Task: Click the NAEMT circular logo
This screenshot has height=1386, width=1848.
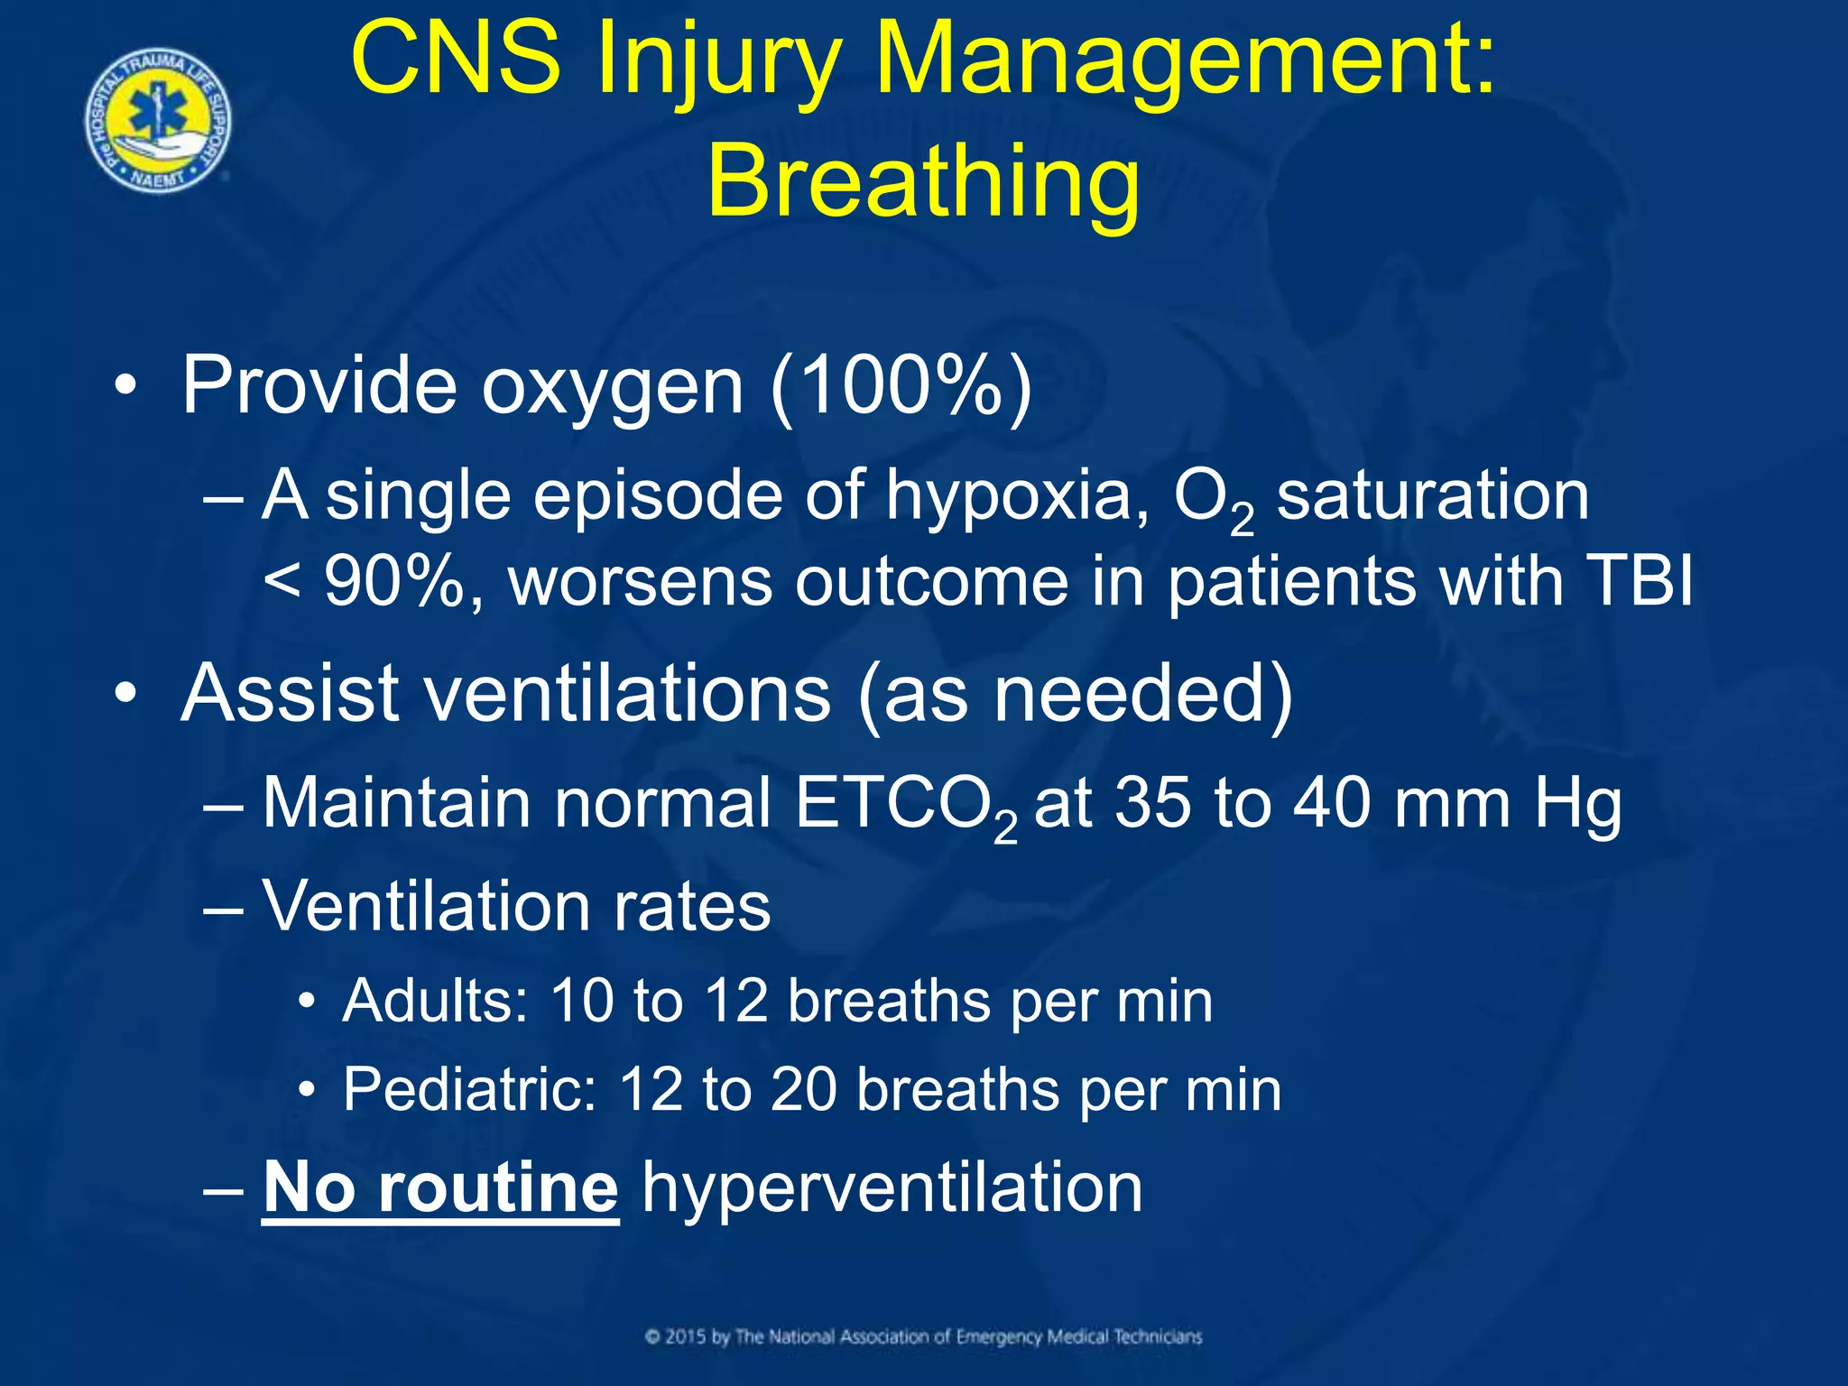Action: [158, 122]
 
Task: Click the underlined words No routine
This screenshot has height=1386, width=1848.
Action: [440, 1189]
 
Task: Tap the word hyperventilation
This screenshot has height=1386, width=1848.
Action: [892, 1189]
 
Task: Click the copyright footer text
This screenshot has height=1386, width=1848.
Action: [923, 1336]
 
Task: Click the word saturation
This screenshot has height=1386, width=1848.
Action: [1432, 496]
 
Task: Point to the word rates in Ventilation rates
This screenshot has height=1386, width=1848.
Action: [692, 907]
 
